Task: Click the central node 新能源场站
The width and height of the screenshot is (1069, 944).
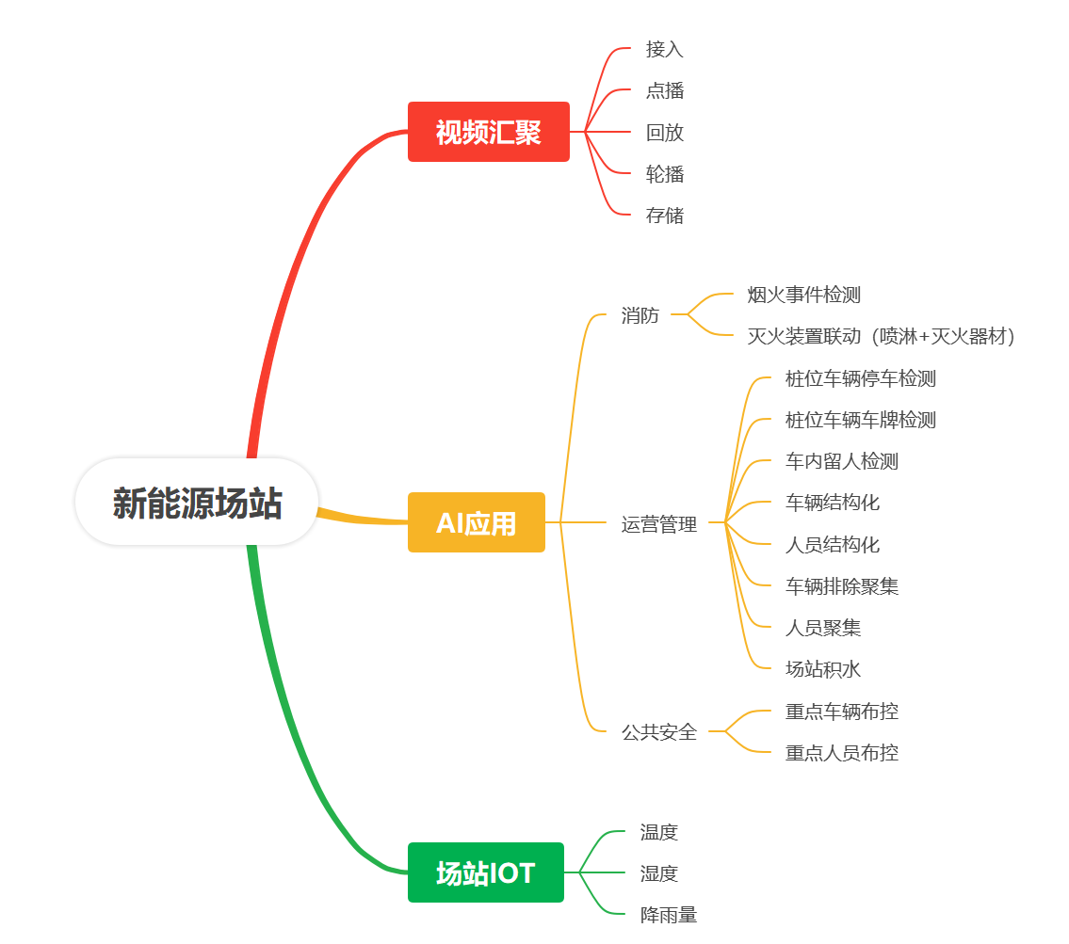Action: pyautogui.click(x=197, y=503)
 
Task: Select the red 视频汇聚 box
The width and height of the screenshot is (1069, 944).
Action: pyautogui.click(x=488, y=132)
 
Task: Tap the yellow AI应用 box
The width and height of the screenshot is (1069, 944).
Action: pyautogui.click(x=476, y=522)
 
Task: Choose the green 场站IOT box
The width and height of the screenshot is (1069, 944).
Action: pyautogui.click(x=485, y=872)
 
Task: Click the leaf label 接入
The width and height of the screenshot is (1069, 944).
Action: pyautogui.click(x=664, y=49)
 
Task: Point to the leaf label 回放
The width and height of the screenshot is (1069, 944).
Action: pyautogui.click(x=664, y=133)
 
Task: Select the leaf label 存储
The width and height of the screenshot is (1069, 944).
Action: pyautogui.click(x=664, y=216)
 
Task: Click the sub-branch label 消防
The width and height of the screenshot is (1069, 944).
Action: pyautogui.click(x=640, y=315)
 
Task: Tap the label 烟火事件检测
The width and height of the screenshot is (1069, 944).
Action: pyautogui.click(x=803, y=295)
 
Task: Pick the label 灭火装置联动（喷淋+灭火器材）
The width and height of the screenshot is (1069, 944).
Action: pyautogui.click(x=881, y=336)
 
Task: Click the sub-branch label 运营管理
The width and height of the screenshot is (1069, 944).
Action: pyautogui.click(x=658, y=524)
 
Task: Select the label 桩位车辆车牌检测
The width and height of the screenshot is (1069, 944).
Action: pyautogui.click(x=860, y=420)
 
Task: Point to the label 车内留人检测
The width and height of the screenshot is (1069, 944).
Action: pyautogui.click(x=841, y=461)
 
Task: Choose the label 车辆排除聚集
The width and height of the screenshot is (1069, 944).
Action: pyautogui.click(x=841, y=586)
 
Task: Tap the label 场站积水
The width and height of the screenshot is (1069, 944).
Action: pyautogui.click(x=822, y=669)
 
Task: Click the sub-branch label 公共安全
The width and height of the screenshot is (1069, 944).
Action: pyautogui.click(x=658, y=731)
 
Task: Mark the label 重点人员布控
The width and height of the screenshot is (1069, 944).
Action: pyautogui.click(x=841, y=753)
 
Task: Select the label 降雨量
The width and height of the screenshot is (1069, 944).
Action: pyautogui.click(x=668, y=915)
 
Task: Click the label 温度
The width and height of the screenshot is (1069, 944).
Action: pyautogui.click(x=658, y=832)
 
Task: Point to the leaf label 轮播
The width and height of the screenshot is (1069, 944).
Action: pyautogui.click(x=664, y=174)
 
